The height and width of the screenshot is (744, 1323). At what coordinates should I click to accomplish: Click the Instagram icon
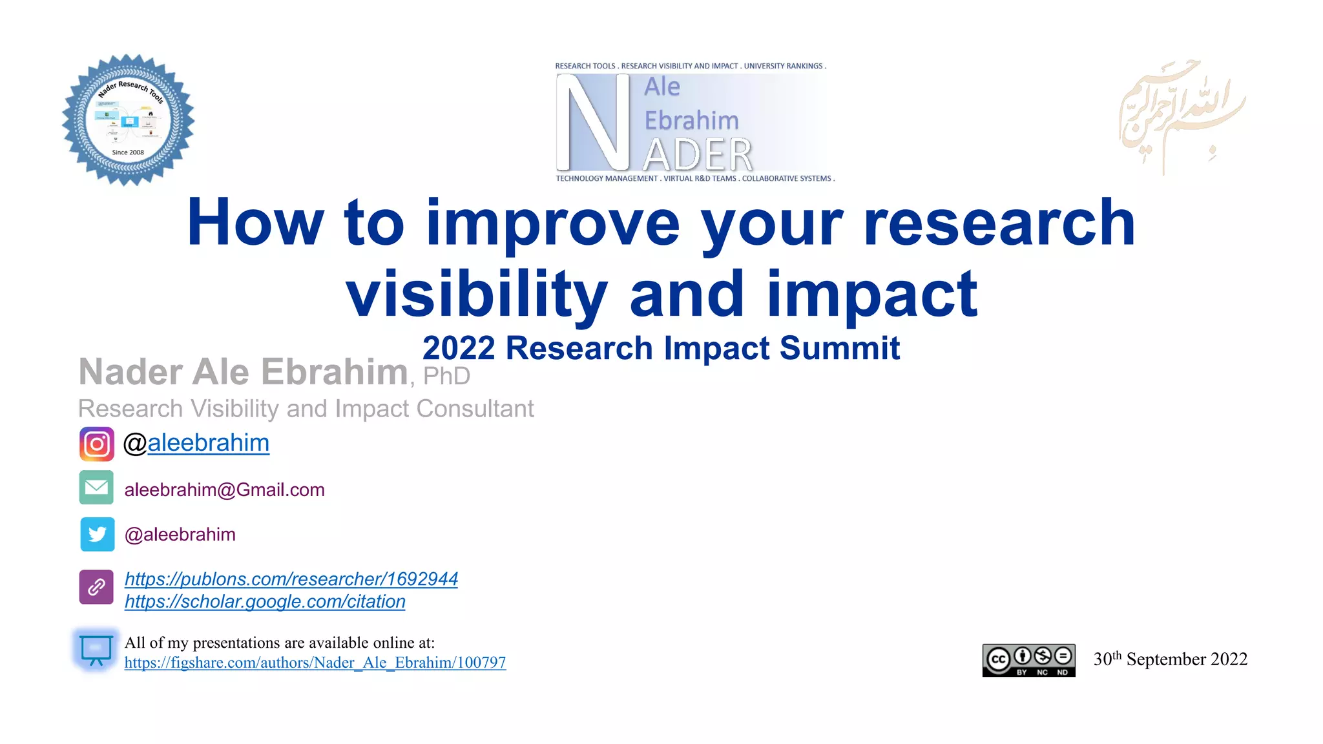[x=97, y=444]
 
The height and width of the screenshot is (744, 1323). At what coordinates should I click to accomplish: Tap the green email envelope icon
[x=97, y=488]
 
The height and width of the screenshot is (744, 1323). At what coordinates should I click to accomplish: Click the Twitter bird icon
[x=98, y=534]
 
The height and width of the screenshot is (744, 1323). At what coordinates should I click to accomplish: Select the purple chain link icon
[x=96, y=586]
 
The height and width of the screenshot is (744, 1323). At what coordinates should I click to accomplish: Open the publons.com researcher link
[x=291, y=579]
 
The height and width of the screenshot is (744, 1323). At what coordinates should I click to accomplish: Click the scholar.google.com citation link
[x=265, y=602]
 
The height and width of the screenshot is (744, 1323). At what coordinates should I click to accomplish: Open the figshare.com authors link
[x=315, y=663]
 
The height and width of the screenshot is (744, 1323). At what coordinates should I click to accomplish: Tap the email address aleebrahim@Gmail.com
[x=224, y=490]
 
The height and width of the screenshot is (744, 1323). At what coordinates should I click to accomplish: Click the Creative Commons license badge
[x=1028, y=660]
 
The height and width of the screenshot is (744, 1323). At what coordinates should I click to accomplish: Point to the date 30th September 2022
[x=1170, y=659]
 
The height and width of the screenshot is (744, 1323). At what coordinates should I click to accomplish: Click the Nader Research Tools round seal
[x=128, y=120]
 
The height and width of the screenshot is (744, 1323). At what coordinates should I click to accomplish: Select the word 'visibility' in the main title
[x=477, y=294]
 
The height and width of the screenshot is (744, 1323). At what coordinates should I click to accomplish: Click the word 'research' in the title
[x=999, y=223]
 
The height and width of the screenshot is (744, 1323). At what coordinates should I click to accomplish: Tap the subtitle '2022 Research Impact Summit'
[x=661, y=349]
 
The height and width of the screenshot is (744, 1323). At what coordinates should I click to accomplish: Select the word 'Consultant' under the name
[x=475, y=409]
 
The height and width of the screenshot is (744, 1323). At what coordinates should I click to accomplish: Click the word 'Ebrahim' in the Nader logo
[x=691, y=121]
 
